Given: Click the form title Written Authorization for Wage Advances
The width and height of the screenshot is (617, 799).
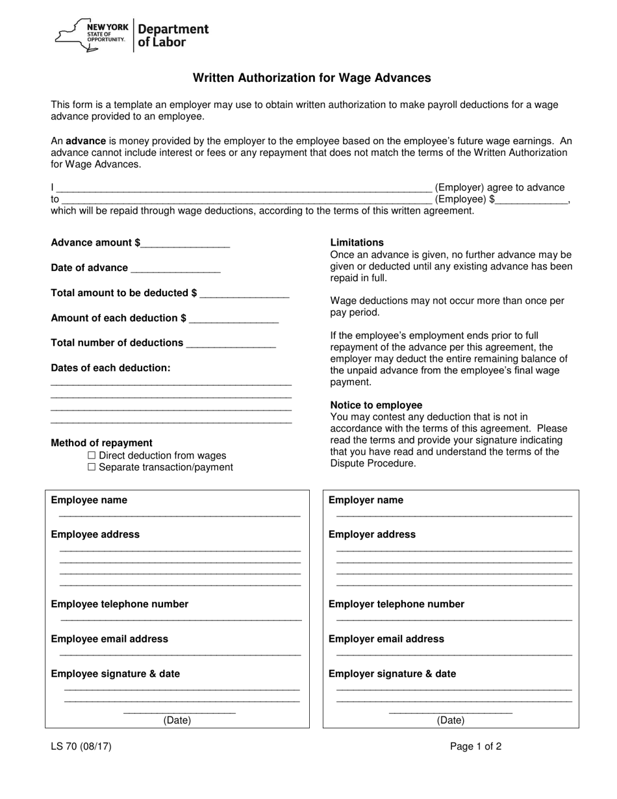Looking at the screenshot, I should point(312,78).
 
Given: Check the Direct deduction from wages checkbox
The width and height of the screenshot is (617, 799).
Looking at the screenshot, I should point(92,455).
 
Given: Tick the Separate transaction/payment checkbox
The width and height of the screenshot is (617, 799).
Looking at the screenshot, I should point(92,467).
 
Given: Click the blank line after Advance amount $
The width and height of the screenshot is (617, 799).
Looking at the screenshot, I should point(185,244).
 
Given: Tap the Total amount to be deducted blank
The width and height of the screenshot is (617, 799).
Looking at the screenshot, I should point(244,294).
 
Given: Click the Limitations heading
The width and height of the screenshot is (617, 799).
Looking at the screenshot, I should point(357,242).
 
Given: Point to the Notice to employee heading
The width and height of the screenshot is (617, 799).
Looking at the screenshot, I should point(376,405).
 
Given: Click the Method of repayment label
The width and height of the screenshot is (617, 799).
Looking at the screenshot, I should point(101,443).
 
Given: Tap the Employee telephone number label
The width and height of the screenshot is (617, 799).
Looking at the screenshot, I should point(120,604).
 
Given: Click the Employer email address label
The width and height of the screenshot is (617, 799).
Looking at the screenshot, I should point(386,639).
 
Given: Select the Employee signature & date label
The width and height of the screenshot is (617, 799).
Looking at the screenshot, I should point(115,674).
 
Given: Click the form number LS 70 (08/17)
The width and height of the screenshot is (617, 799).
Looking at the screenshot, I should point(81,746).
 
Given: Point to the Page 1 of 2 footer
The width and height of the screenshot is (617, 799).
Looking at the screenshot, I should point(475,746).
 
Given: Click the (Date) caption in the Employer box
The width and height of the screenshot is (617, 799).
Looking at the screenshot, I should point(450,720).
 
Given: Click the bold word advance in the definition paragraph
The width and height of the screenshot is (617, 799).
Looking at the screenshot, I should point(86,141).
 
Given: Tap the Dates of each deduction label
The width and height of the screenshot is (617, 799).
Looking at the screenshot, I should point(110,368).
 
